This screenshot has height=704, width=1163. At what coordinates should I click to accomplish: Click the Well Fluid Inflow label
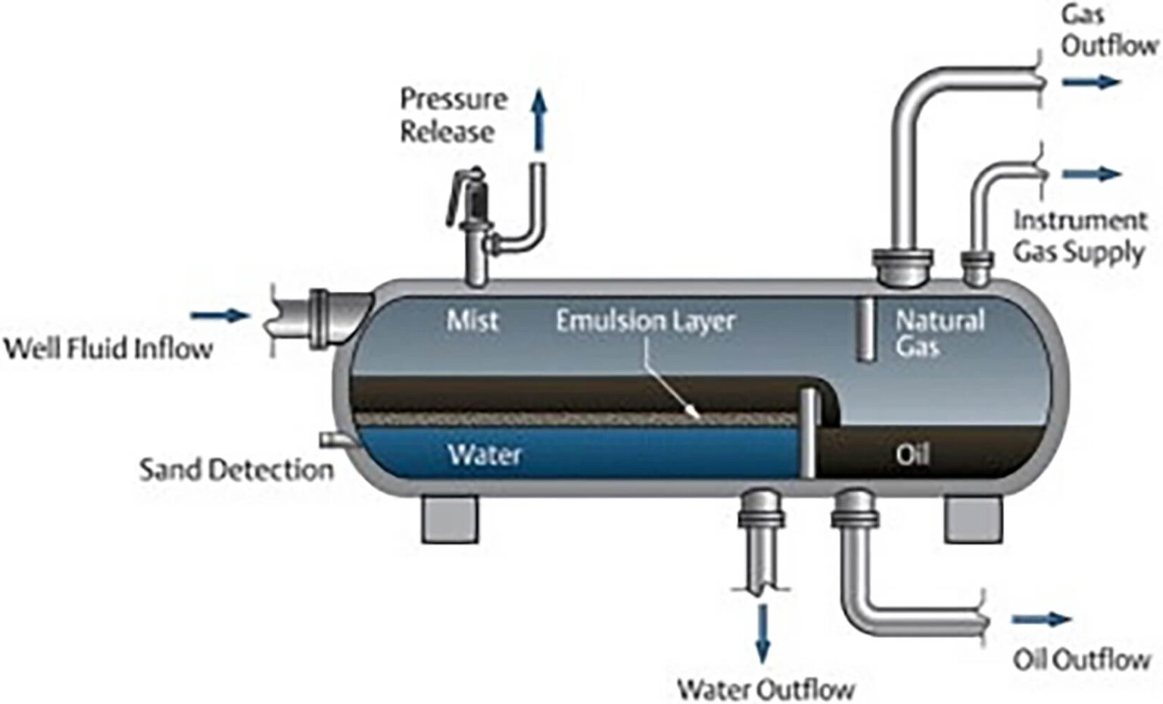pos(108,349)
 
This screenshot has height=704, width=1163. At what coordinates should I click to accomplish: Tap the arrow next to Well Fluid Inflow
pos(220,316)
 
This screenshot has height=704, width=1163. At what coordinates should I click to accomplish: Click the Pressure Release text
pos(453,115)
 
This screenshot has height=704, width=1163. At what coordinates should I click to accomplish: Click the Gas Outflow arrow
pos(1090,82)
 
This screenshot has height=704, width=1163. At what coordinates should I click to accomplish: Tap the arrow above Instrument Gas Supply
pos(1091,174)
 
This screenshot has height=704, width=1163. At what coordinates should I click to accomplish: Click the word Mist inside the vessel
pos(472,320)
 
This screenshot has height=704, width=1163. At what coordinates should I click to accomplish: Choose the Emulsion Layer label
pos(645,320)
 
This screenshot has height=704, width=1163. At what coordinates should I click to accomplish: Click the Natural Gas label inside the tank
pos(939,333)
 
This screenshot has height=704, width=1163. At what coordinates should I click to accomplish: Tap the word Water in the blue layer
pos(485,454)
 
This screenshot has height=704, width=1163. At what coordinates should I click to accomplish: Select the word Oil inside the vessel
pos(912,454)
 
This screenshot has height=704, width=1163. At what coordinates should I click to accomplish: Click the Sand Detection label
pos(236,470)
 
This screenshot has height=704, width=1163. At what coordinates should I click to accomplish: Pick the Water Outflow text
pos(765,689)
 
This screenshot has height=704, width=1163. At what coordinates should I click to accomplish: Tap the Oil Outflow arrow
pos(1041,620)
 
